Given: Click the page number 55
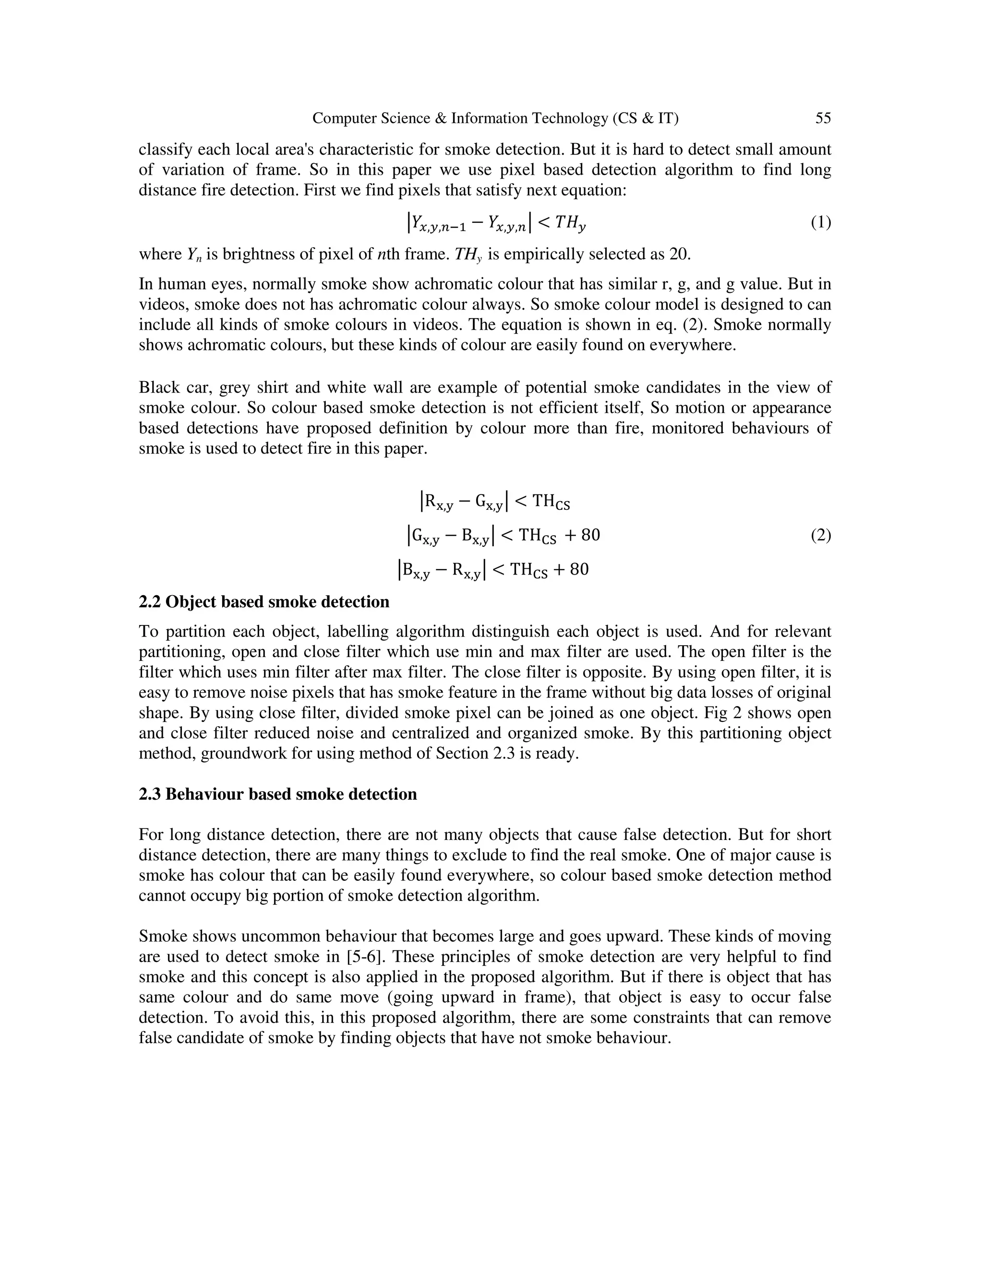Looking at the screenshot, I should (822, 118).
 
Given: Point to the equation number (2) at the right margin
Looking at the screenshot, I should (820, 535).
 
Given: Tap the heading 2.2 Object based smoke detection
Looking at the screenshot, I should (264, 601).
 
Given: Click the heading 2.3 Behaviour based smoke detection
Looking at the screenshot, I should (278, 794).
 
